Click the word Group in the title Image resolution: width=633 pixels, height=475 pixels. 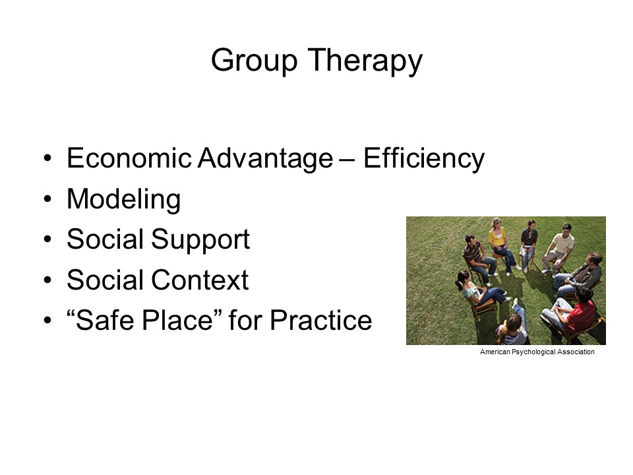point(255,61)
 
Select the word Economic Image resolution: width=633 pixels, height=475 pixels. point(129,158)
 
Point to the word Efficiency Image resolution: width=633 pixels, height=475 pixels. point(424,159)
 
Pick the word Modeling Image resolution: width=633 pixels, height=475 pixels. point(123,199)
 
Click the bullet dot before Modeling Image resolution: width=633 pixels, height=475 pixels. point(48,199)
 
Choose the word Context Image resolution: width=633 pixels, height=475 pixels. point(200,280)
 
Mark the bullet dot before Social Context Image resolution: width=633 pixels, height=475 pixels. point(48,280)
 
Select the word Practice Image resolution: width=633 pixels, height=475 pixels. point(321,321)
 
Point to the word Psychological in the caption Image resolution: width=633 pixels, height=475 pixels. point(533,352)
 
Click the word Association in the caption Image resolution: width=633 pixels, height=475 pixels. point(576,352)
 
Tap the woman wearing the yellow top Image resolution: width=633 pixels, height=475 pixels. point(500,244)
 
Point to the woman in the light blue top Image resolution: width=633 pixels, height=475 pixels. point(479,289)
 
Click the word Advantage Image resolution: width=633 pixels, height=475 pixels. point(266,159)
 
